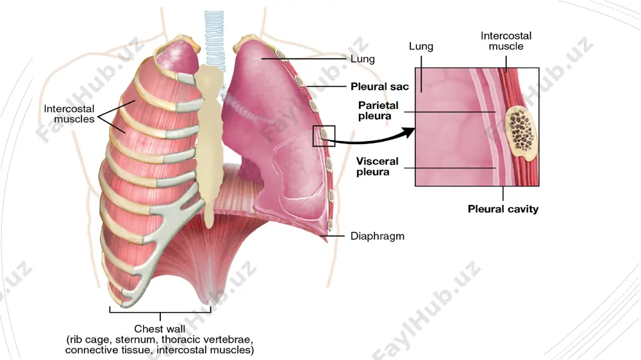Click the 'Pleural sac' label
pyautogui.click(x=379, y=86)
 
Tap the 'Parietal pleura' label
pyautogui.click(x=378, y=110)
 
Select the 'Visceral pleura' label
pyautogui.click(x=377, y=167)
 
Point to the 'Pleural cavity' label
pyautogui.click(x=503, y=209)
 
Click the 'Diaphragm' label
pyautogui.click(x=378, y=236)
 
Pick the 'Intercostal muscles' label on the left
pyautogui.click(x=69, y=113)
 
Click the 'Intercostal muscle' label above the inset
pyautogui.click(x=506, y=41)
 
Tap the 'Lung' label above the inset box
pyautogui.click(x=421, y=46)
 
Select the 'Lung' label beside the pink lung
pyautogui.click(x=363, y=59)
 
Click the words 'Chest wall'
pyautogui.click(x=160, y=329)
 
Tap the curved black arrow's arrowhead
pyautogui.click(x=408, y=133)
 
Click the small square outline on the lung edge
pyautogui.click(x=324, y=136)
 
